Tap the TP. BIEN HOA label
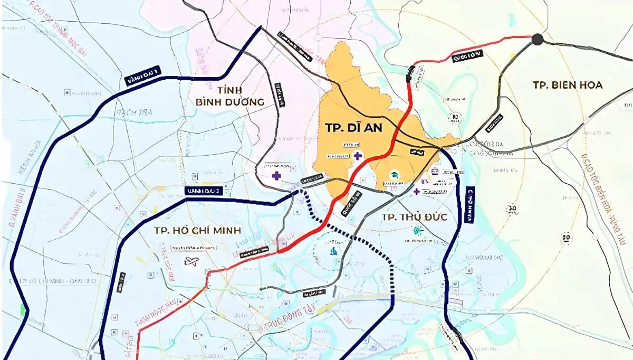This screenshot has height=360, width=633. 567,85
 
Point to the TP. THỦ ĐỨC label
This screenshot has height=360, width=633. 414,217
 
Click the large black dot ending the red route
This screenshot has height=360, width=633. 538,39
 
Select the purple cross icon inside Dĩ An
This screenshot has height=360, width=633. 358,155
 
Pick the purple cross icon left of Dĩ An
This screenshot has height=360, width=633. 276,176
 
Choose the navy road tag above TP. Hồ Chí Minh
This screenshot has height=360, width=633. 204,191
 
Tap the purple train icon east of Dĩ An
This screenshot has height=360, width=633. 435,171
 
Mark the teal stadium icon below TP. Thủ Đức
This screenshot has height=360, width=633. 418,230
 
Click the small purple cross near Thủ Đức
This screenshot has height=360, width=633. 417,191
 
